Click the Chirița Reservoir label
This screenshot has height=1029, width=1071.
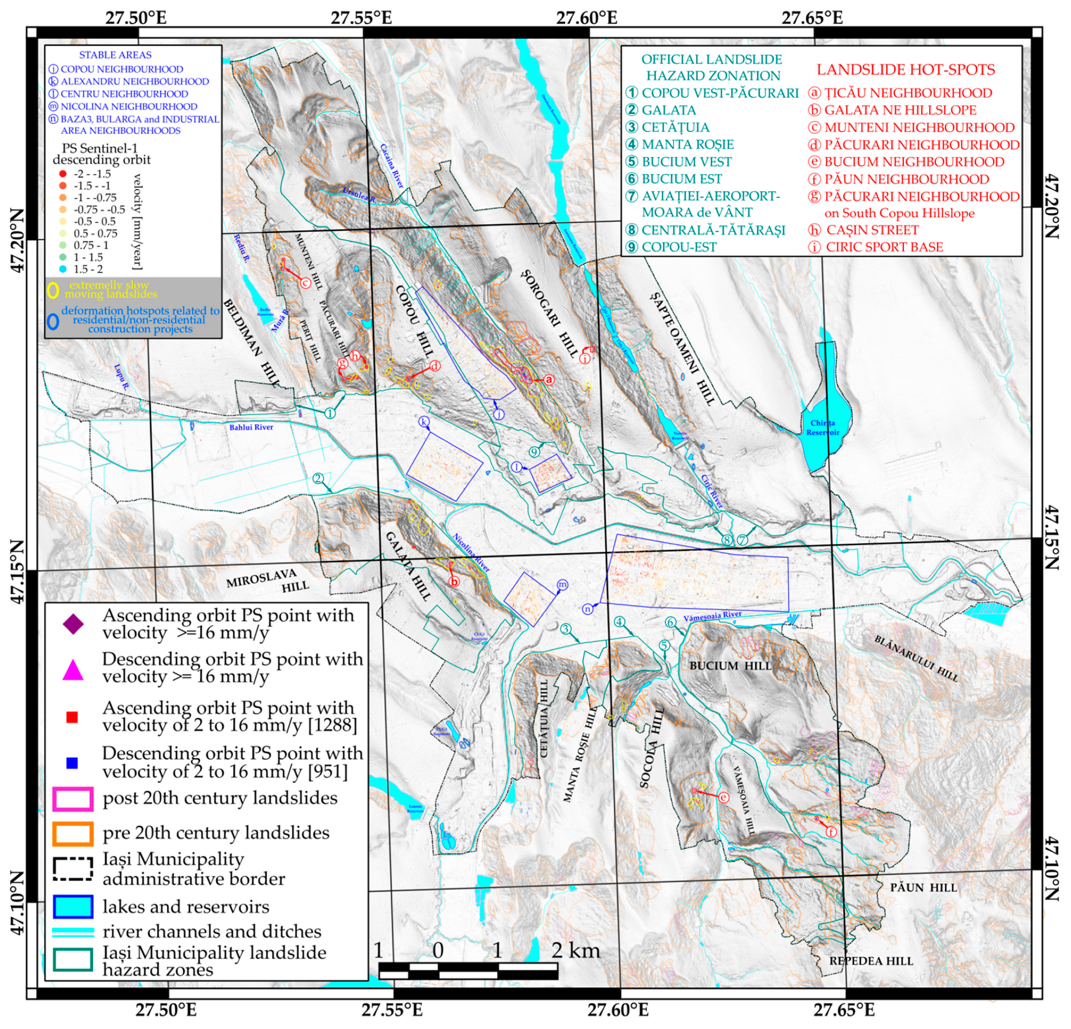click(x=822, y=428)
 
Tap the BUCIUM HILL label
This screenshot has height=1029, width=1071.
click(x=730, y=666)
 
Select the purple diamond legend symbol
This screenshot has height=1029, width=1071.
click(x=73, y=624)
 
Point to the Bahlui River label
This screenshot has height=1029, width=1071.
click(x=251, y=427)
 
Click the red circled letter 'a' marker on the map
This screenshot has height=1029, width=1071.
click(x=550, y=379)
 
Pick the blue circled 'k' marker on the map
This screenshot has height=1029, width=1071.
click(x=424, y=421)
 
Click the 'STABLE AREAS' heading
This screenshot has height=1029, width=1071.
click(x=115, y=55)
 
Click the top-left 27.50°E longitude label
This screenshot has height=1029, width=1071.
click(x=136, y=17)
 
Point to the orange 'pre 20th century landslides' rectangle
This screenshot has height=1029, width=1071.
click(x=72, y=833)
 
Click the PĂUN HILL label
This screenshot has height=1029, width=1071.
click(x=924, y=888)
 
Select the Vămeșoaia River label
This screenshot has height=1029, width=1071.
click(x=712, y=616)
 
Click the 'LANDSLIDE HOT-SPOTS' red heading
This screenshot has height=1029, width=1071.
click(x=906, y=70)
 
